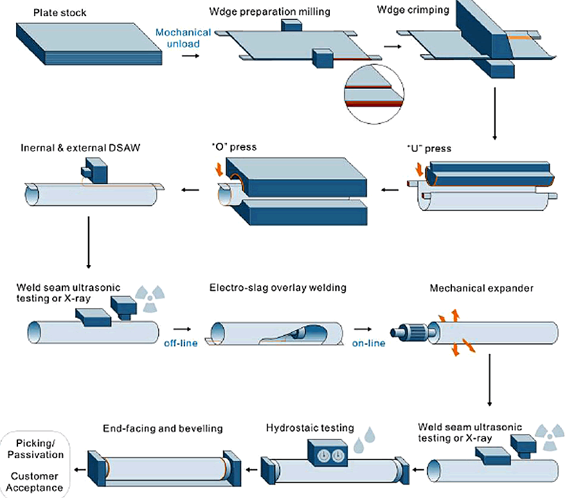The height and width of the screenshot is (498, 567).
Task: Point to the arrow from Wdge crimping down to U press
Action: pyautogui.click(x=494, y=113)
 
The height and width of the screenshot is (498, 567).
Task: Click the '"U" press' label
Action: pyautogui.click(x=429, y=149)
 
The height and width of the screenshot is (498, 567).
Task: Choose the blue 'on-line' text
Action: pyautogui.click(x=368, y=343)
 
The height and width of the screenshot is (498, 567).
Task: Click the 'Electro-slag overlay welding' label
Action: pyautogui.click(x=277, y=288)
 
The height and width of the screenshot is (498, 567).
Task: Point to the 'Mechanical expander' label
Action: pyautogui.click(x=481, y=288)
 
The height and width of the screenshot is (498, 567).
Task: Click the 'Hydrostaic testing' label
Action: pyautogui.click(x=310, y=428)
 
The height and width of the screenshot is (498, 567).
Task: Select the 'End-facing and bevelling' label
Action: pyautogui.click(x=163, y=428)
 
